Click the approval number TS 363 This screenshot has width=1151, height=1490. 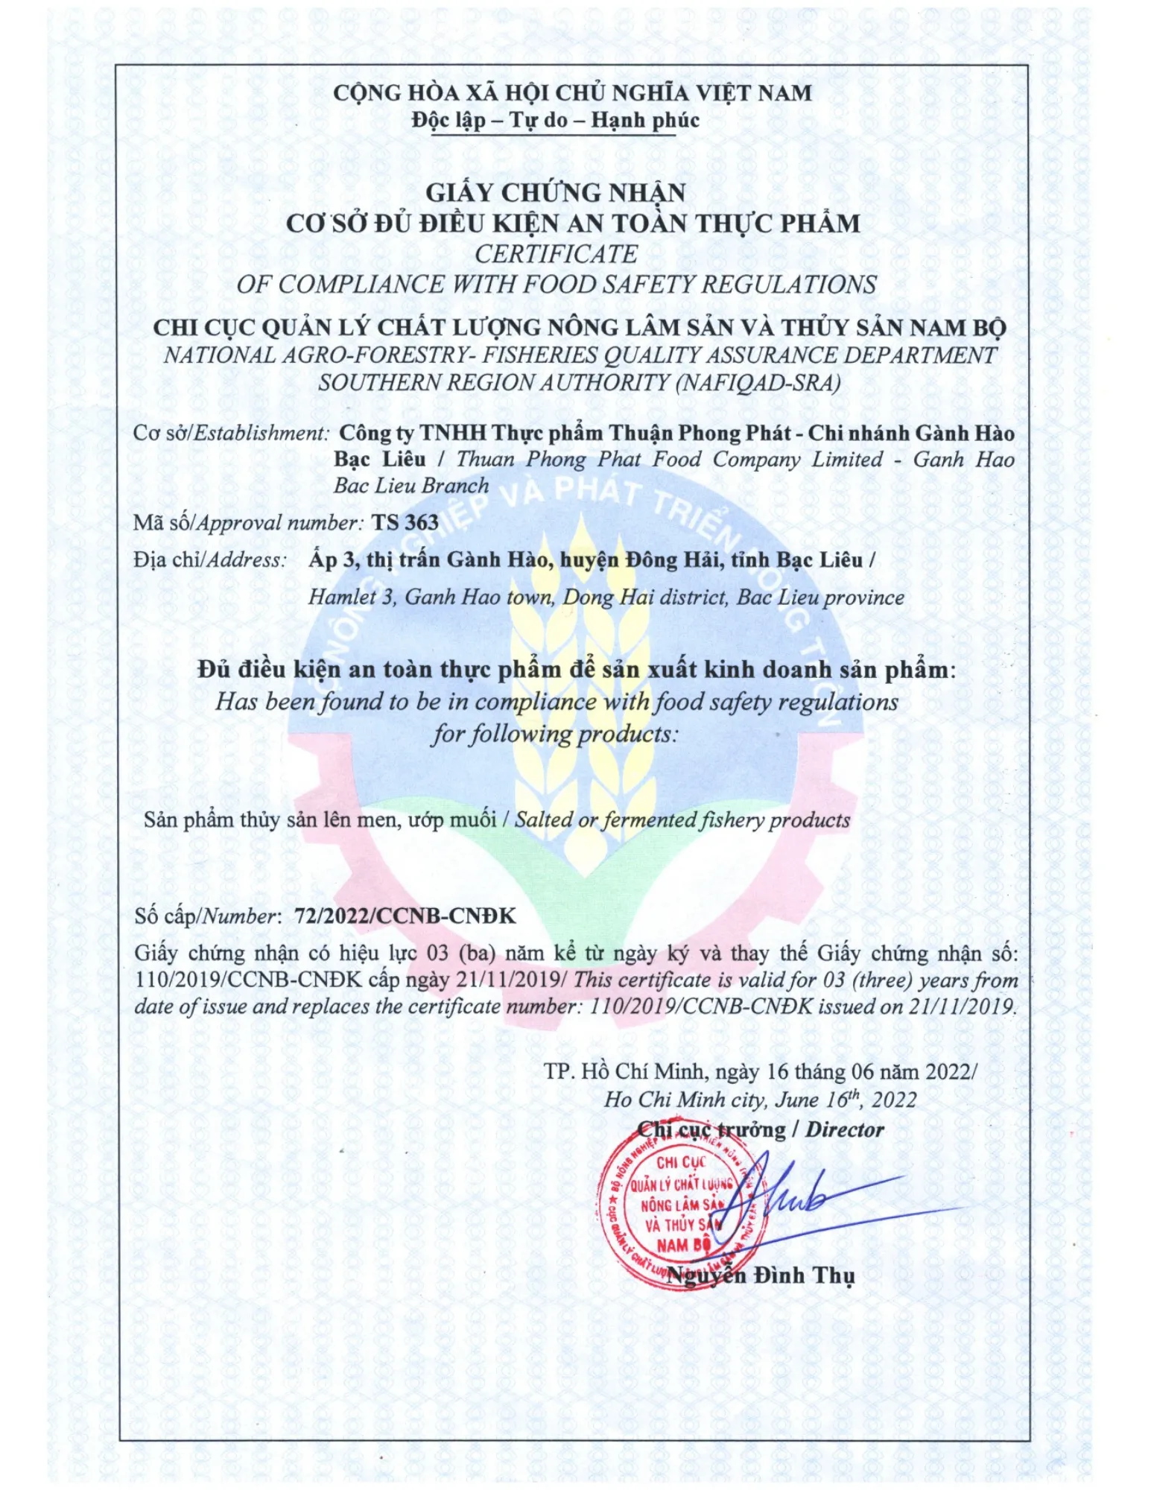[405, 522]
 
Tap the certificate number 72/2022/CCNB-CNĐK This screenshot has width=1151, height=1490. [405, 916]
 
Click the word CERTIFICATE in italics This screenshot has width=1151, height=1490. [556, 254]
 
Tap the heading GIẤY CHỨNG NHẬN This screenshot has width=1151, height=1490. [555, 193]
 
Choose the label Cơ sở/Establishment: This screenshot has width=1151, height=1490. [231, 433]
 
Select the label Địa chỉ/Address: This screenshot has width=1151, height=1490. [210, 560]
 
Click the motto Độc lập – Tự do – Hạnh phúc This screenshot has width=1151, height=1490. [555, 121]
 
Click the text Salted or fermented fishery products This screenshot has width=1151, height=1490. [682, 820]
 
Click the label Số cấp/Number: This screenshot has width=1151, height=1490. [208, 916]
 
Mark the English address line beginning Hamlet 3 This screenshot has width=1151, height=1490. [606, 597]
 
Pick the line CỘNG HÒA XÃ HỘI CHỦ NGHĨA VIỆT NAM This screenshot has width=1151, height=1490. [571, 93]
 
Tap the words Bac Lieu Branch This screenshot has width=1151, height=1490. [411, 486]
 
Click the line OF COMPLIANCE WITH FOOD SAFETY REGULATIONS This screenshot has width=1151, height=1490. [556, 285]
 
